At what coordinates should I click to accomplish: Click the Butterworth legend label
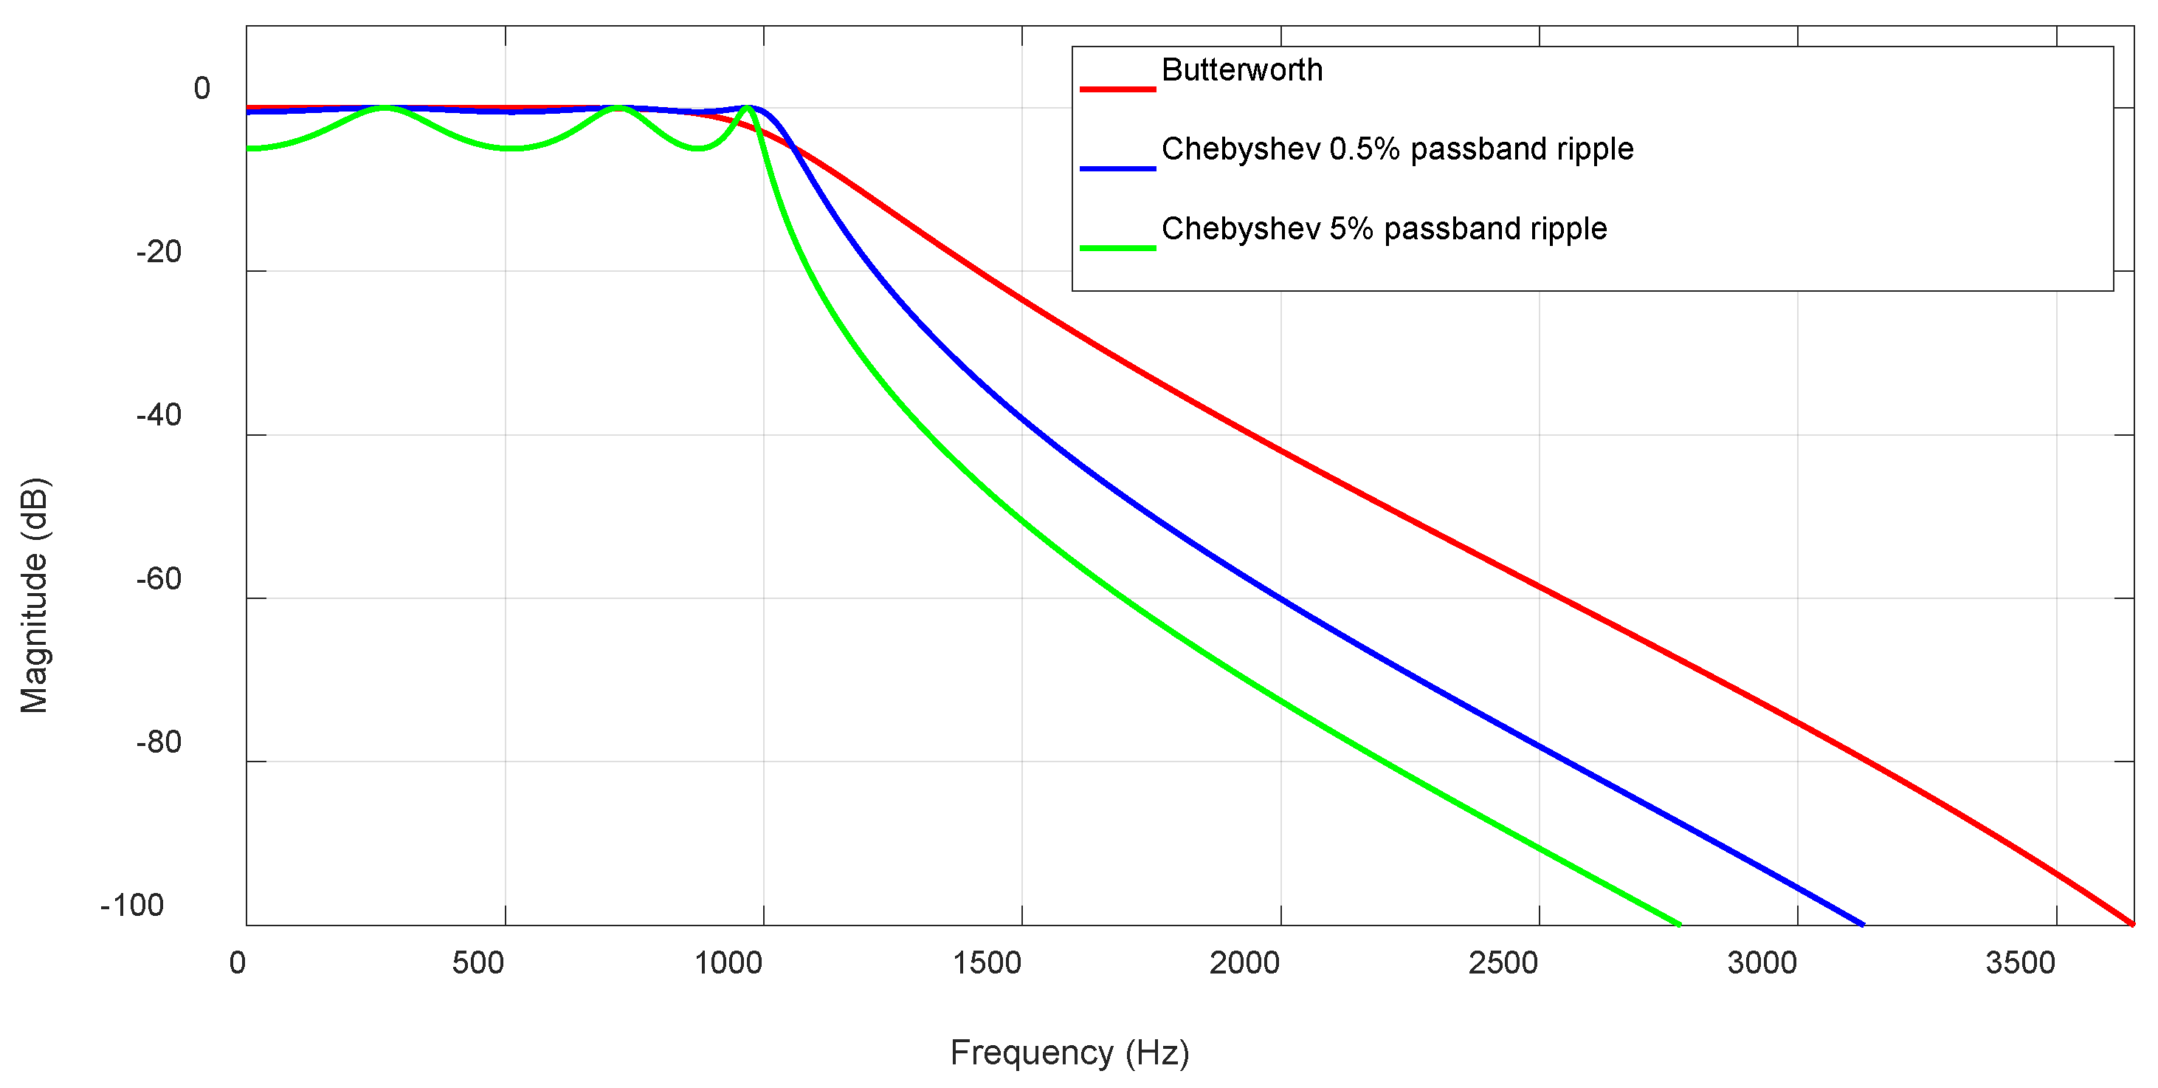tap(1241, 70)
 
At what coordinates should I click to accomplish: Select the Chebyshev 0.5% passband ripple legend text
tap(1397, 149)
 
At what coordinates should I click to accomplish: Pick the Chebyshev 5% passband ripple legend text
tap(1384, 229)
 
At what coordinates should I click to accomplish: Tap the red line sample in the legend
tap(1117, 89)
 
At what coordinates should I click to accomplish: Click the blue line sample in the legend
tap(1117, 168)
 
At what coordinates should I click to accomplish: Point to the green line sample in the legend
tap(1117, 248)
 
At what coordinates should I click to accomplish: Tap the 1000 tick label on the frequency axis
tap(728, 963)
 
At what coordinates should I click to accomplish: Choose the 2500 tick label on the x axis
tap(1503, 963)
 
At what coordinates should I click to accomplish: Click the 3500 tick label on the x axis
tap(2020, 963)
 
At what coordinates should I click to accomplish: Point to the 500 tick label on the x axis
tap(478, 963)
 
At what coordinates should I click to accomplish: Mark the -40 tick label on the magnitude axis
tap(159, 415)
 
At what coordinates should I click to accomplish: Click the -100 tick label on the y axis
tap(132, 906)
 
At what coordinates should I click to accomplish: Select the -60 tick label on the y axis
tap(159, 578)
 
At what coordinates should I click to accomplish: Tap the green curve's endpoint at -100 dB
tap(1680, 925)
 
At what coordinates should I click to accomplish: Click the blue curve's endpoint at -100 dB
tap(1862, 925)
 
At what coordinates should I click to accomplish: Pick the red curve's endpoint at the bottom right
tap(2132, 924)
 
